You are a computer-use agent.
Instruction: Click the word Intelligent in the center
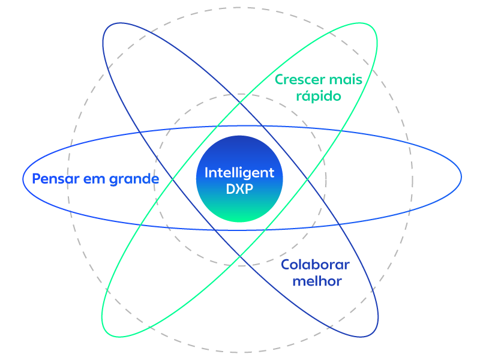[x=239, y=173]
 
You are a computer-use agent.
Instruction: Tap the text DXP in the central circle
[x=239, y=188]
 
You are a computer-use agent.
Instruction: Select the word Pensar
[x=55, y=179]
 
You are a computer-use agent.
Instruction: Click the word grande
[x=134, y=179]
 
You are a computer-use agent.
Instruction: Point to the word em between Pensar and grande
[x=95, y=179]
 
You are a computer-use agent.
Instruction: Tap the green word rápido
[x=319, y=96]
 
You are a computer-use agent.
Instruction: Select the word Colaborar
[x=315, y=265]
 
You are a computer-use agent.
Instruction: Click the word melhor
[x=317, y=281]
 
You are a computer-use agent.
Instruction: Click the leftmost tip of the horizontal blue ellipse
[x=23, y=178]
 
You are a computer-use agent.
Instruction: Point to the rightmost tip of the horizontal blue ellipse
[x=461, y=177]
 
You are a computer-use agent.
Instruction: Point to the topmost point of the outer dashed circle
[x=240, y=7]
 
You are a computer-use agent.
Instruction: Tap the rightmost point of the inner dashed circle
[x=326, y=179]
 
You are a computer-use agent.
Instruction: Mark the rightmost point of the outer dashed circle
[x=413, y=179]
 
